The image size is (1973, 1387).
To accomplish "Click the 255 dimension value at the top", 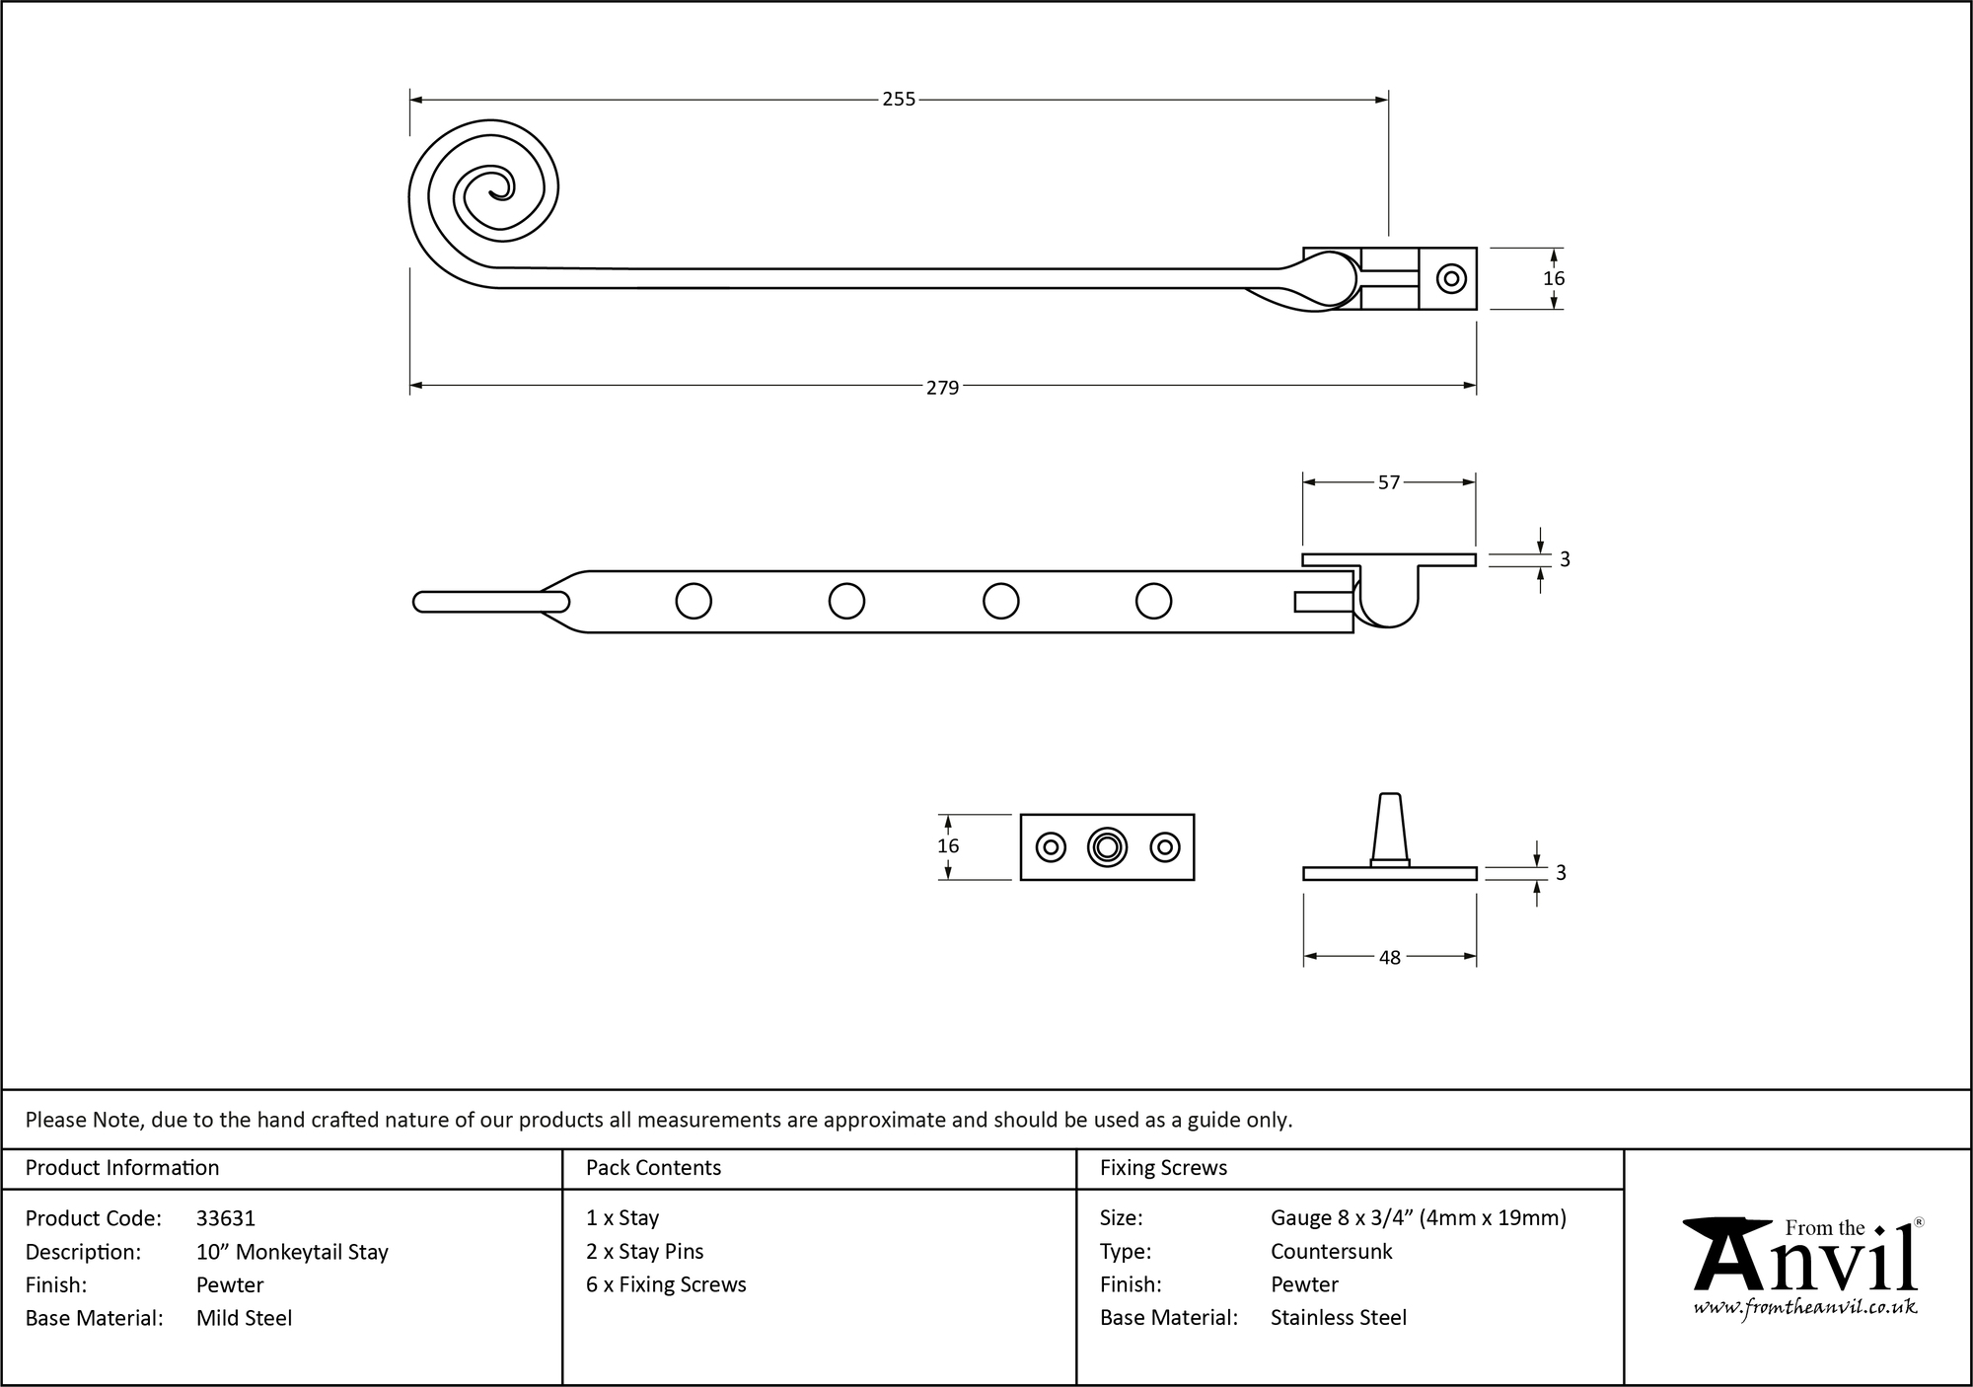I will click(x=898, y=100).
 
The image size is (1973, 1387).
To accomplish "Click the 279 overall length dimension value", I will click(x=942, y=388).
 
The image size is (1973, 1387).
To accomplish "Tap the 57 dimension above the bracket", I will click(x=1388, y=482).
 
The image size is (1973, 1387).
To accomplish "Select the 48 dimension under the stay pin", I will click(x=1389, y=957).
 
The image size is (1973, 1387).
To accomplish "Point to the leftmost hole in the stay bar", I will click(x=694, y=601).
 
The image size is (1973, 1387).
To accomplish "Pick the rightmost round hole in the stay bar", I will click(x=1153, y=601).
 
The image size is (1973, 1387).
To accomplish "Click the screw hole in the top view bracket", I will click(x=1451, y=279).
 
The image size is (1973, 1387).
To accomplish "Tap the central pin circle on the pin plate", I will click(x=1107, y=847).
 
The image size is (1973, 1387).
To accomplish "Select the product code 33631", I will click(x=226, y=1218).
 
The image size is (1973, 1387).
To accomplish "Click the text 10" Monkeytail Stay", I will click(x=292, y=1252).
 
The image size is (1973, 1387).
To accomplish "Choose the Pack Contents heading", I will click(x=653, y=1168).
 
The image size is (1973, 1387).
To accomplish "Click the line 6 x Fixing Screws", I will click(x=666, y=1284).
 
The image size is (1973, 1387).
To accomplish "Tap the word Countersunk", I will click(x=1331, y=1252).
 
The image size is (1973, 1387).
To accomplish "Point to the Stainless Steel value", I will click(x=1338, y=1318).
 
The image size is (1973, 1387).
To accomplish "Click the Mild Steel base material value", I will click(x=244, y=1318).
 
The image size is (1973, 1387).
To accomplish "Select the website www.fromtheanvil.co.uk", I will click(x=1805, y=1308).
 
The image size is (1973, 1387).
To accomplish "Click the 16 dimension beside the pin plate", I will click(x=948, y=846).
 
